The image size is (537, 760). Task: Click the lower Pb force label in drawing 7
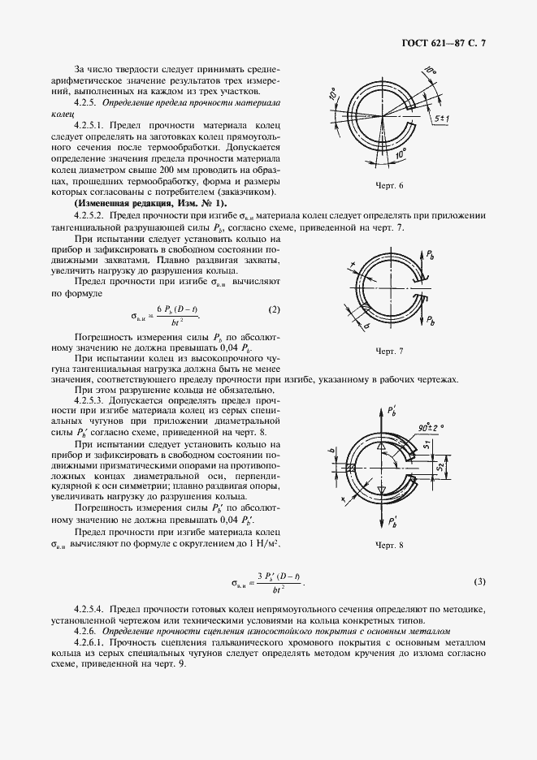(431, 321)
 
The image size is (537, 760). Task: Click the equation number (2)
(274, 309)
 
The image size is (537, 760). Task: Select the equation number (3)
(479, 581)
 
